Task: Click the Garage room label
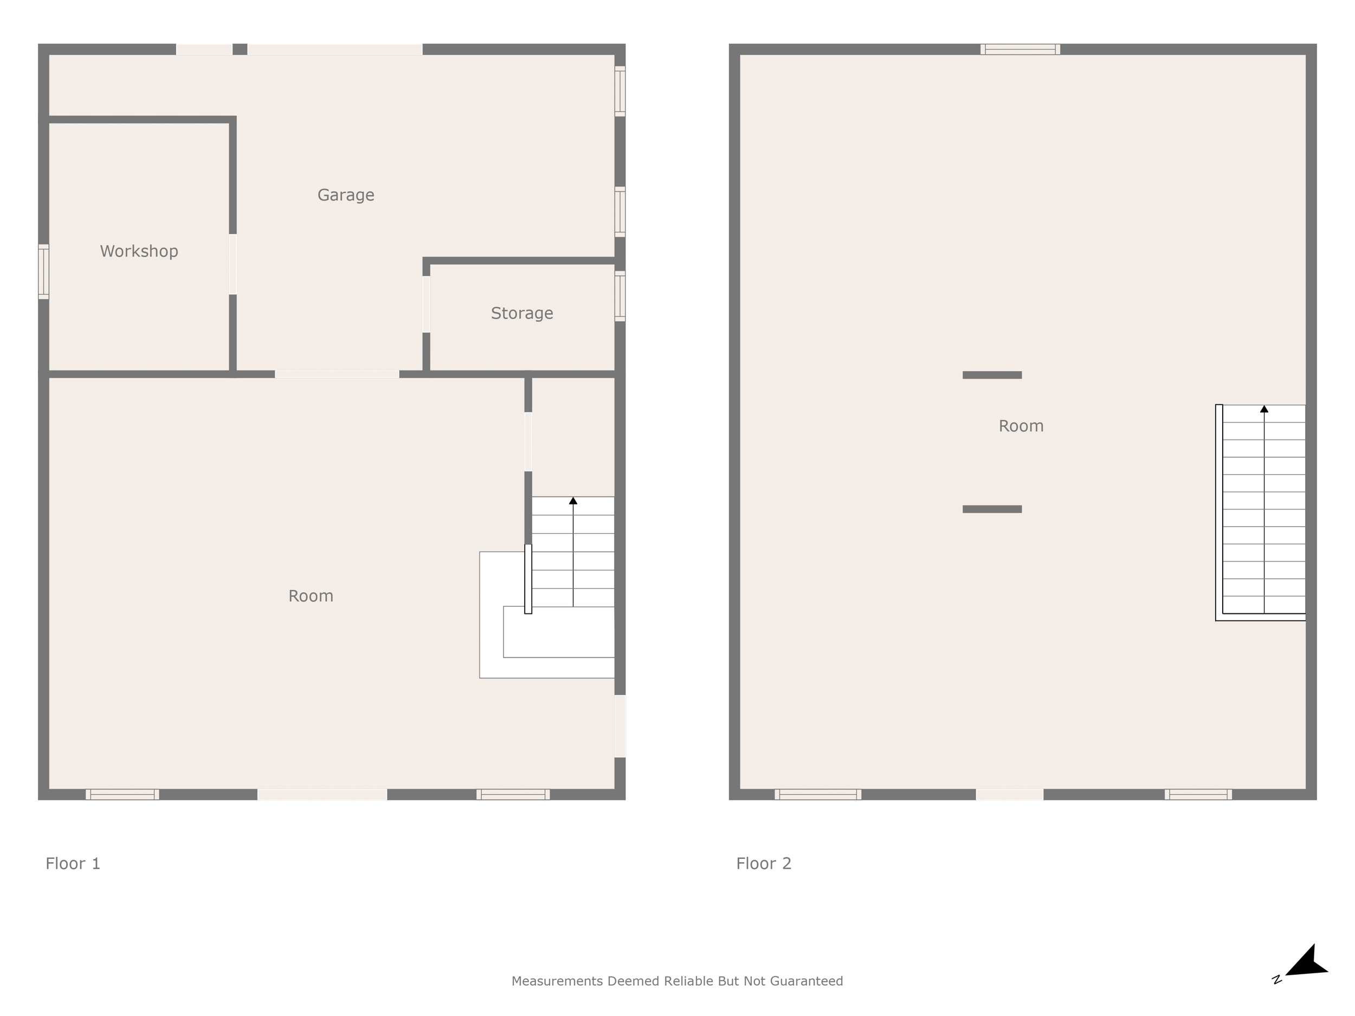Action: [x=345, y=195]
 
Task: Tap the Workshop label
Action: [x=139, y=251]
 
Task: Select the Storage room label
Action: [x=522, y=313]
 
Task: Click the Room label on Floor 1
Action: [x=311, y=596]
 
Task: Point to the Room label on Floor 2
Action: [x=1021, y=425]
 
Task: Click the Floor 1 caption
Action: [x=73, y=864]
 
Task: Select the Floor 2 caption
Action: [x=764, y=864]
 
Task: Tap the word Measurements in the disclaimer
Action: [x=557, y=981]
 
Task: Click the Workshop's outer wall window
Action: [x=43, y=272]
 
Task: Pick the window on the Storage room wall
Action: [x=620, y=296]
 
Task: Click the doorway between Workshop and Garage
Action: [x=233, y=264]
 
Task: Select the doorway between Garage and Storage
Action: [x=427, y=305]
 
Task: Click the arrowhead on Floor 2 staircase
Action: [x=1264, y=409]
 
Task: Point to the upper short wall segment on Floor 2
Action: [x=992, y=375]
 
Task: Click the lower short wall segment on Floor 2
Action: [x=992, y=509]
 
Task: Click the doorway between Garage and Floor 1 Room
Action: [x=337, y=374]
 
